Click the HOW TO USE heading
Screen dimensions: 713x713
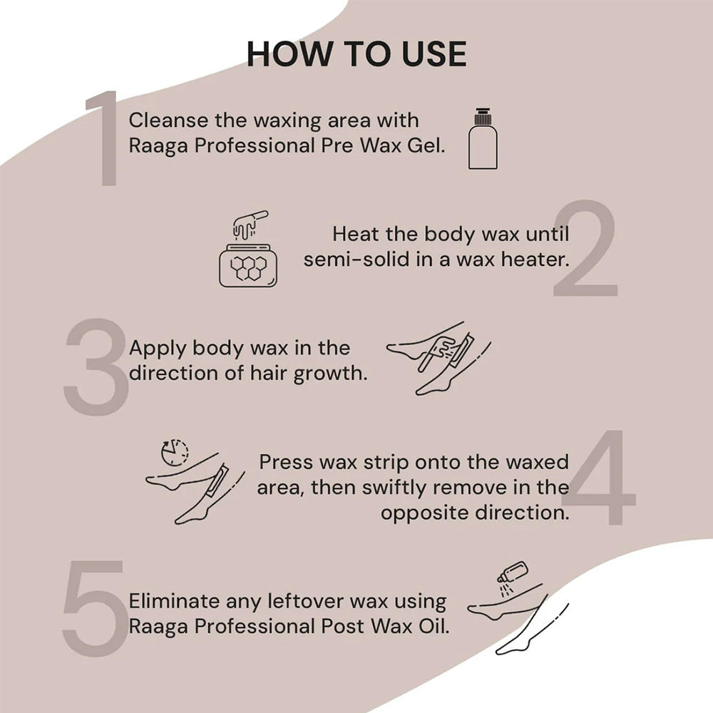pos(356,54)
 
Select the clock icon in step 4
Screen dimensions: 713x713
pos(175,452)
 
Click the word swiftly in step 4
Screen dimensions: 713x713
pos(388,487)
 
